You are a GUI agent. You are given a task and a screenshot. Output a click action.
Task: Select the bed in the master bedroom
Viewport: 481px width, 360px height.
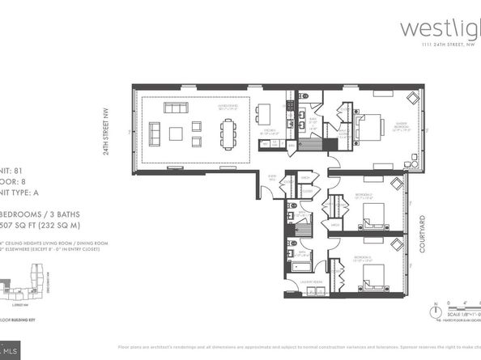click(368, 128)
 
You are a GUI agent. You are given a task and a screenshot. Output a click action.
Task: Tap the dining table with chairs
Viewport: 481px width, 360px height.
click(229, 129)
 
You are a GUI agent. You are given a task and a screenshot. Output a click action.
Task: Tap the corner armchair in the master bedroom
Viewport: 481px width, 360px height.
click(411, 100)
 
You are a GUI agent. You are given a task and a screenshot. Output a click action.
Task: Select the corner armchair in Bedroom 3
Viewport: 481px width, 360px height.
click(396, 244)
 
